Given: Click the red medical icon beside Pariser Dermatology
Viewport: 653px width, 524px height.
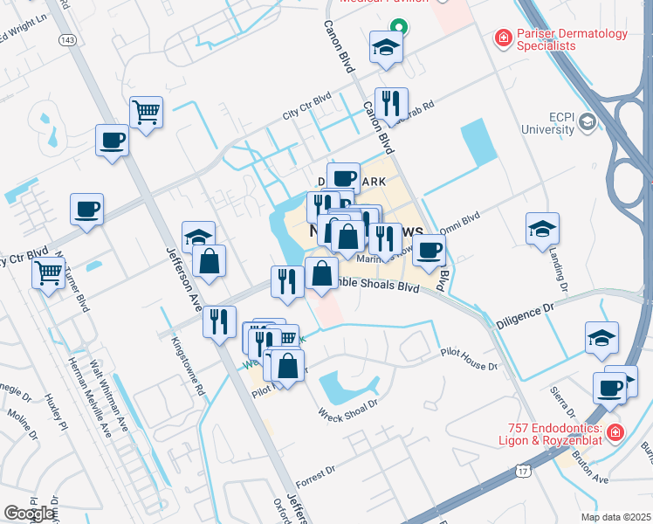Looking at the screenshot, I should coord(502,38).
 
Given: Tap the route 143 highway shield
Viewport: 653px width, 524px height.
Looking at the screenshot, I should coord(66,40).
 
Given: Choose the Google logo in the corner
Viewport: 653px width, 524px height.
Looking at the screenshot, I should coord(29,514).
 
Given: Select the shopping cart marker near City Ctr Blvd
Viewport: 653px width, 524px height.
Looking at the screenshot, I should coord(147,112).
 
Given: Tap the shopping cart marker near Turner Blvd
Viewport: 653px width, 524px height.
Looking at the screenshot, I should coord(48,272).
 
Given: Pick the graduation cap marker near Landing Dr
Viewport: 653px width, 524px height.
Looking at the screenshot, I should coord(542,228).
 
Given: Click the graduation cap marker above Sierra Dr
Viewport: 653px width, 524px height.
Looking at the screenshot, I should coord(602,337).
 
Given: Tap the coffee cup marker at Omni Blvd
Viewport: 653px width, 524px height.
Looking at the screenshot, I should coord(429,250).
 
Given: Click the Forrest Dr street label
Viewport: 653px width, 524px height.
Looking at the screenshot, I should coord(315,476).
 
